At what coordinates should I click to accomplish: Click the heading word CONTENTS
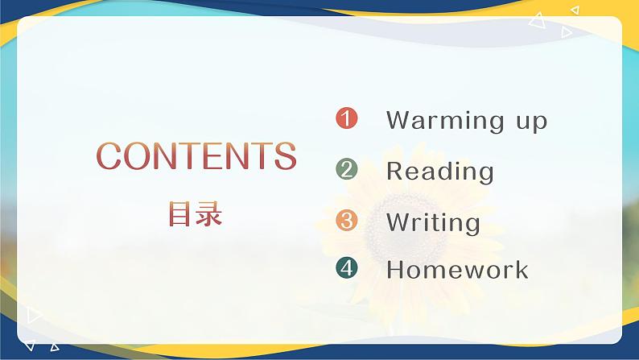coord(196,156)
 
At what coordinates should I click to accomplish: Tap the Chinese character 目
coord(181,213)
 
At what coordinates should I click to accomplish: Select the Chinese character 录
coord(209,213)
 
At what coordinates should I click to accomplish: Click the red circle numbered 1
coord(346,119)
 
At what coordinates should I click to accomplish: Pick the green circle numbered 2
coord(346,169)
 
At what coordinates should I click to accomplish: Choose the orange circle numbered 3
coord(346,220)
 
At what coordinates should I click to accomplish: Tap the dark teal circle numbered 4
coord(346,268)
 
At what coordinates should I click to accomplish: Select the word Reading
coord(439,172)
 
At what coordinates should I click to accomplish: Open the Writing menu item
coord(433,222)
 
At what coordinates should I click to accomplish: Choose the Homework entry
coord(457,269)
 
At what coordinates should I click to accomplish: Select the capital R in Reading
coord(394,171)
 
